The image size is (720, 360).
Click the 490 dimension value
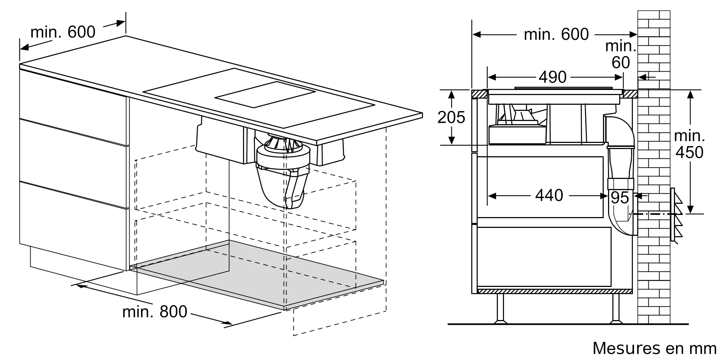point(553,77)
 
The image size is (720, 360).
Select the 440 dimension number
point(549,195)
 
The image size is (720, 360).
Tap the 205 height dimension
point(451,117)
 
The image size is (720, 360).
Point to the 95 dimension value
point(620,198)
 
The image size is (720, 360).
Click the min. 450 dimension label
point(689,144)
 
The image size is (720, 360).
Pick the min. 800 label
point(155,311)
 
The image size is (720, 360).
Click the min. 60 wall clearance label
point(621,54)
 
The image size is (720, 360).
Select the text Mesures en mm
point(654,348)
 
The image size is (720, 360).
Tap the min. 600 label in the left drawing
point(63,32)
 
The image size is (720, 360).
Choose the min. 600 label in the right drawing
point(556,34)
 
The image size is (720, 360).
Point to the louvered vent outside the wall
point(676,215)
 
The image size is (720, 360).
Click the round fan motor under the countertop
point(283,153)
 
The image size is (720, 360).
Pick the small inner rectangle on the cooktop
point(265,94)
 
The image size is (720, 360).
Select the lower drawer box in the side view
point(544,257)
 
